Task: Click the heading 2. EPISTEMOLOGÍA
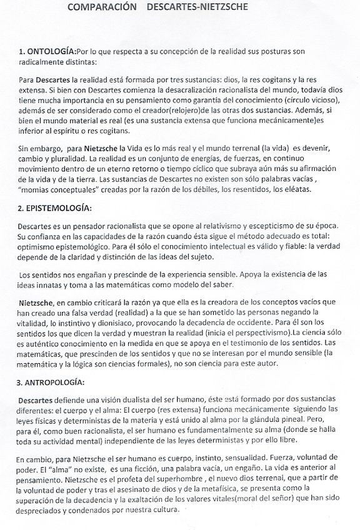(x=55, y=207)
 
